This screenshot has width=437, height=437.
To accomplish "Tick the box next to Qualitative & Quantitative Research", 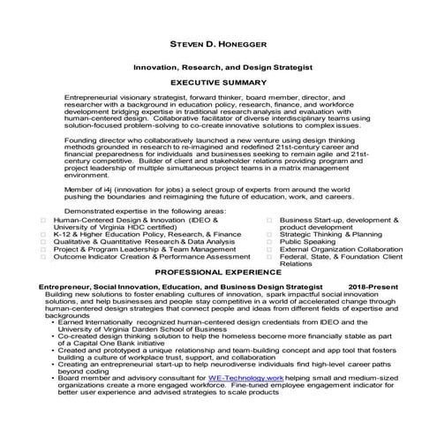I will pos(43,241).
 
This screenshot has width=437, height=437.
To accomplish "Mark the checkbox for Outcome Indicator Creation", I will pos(43,256).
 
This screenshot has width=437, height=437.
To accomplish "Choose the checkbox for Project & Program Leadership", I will pos(43,249).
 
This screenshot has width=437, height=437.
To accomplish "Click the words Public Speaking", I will pos(308,240).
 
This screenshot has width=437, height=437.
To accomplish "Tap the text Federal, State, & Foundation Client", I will pos(338,256).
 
